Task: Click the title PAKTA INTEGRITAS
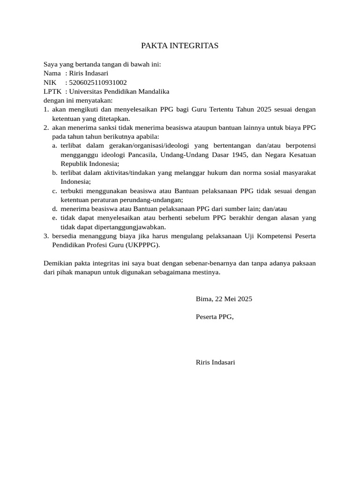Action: click(x=180, y=45)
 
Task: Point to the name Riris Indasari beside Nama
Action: click(x=89, y=73)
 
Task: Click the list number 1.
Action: click(x=46, y=109)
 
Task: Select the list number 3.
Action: click(x=46, y=236)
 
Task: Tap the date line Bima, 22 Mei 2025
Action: click(x=224, y=299)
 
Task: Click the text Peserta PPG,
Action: click(x=214, y=316)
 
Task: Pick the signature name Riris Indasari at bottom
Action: click(x=215, y=362)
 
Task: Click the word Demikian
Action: click(x=58, y=263)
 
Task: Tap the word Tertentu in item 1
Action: click(x=229, y=109)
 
